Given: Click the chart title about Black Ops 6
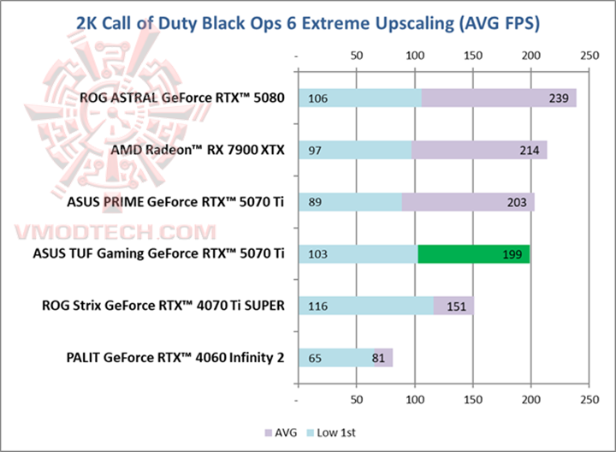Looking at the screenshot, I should coord(307,21).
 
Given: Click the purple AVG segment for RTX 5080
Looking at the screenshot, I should coord(499,98).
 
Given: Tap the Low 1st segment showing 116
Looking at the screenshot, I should coord(365,306).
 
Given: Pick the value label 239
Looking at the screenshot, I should coord(559,98).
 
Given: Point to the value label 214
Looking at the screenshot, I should coord(529,151).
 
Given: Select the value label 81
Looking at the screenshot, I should coord(379,357).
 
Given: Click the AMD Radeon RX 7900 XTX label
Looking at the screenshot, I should coord(198,151).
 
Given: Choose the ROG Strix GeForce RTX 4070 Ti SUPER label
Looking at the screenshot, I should coord(163,306).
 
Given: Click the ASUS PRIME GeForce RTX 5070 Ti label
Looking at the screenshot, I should coord(175,202).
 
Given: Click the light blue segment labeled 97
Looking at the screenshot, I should coord(354,151).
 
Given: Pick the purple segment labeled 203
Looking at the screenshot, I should coord(468,202).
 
